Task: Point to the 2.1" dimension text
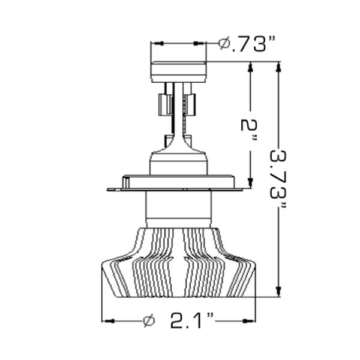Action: (191, 321)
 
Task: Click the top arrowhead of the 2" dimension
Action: (251, 67)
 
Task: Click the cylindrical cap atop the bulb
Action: (178, 71)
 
